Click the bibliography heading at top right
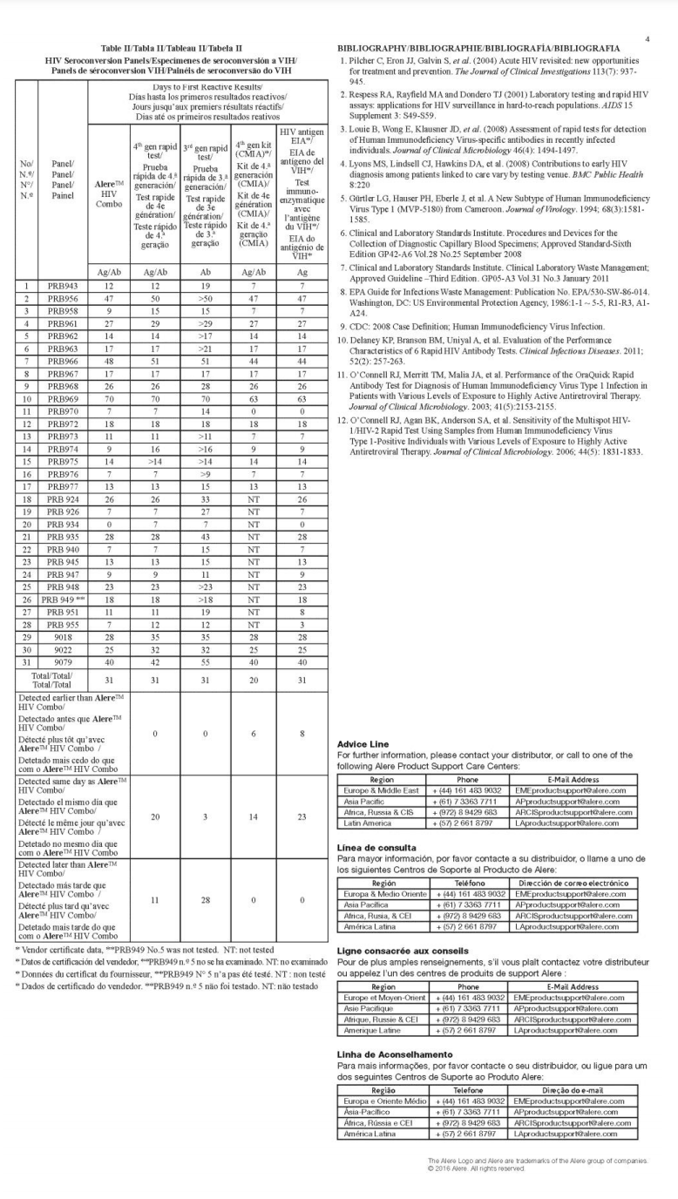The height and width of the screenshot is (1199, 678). coord(478,47)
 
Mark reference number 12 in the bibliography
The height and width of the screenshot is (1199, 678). coord(343,419)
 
